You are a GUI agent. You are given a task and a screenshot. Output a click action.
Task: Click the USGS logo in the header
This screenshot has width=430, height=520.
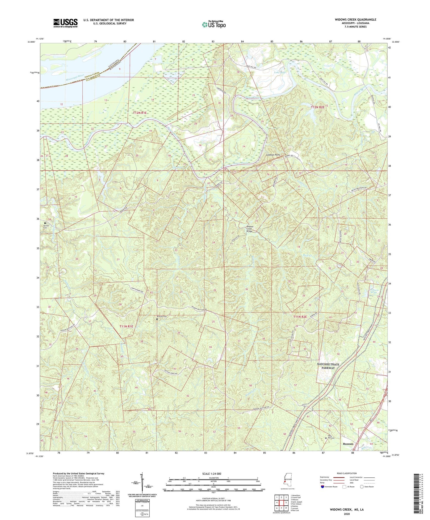pos(65,23)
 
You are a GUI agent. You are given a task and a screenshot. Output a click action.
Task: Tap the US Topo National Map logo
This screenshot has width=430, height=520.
pos(213,24)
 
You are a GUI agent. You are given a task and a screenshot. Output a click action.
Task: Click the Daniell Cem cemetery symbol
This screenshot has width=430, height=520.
pos(45,223)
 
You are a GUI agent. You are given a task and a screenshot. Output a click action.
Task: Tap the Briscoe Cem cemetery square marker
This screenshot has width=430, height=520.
pos(157,319)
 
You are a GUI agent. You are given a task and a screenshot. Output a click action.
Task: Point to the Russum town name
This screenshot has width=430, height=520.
pos(348,444)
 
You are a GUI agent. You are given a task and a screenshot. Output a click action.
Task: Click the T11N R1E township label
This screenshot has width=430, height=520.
pos(126,326)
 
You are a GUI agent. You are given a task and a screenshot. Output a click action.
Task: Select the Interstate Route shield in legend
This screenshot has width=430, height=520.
pos(323,487)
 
